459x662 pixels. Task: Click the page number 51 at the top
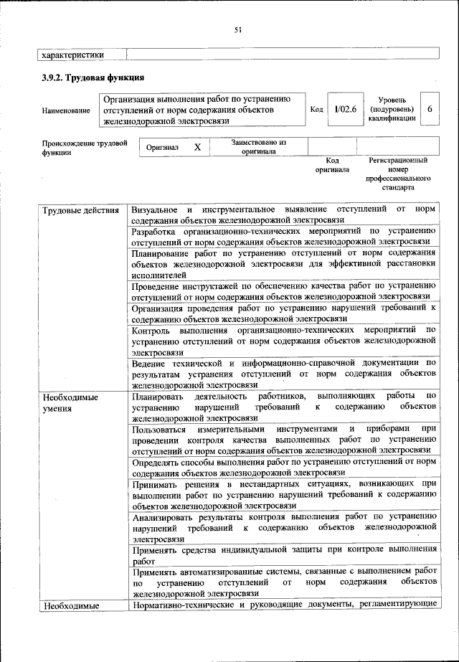click(x=237, y=29)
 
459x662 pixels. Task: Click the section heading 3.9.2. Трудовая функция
click(x=93, y=77)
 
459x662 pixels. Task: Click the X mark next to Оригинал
click(x=197, y=146)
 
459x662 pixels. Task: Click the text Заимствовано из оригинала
click(x=259, y=147)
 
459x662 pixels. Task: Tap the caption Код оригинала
click(x=332, y=166)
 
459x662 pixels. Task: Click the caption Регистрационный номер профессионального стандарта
click(x=398, y=174)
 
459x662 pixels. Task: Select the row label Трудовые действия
click(x=80, y=210)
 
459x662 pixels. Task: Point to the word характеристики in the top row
click(x=73, y=54)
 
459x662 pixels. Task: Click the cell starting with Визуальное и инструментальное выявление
click(x=283, y=214)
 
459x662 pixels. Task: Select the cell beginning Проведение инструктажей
click(x=283, y=290)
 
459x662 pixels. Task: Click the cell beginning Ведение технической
click(x=283, y=373)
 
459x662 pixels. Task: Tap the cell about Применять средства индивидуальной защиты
click(x=283, y=555)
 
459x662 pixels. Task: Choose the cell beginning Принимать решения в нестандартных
click(x=283, y=494)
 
